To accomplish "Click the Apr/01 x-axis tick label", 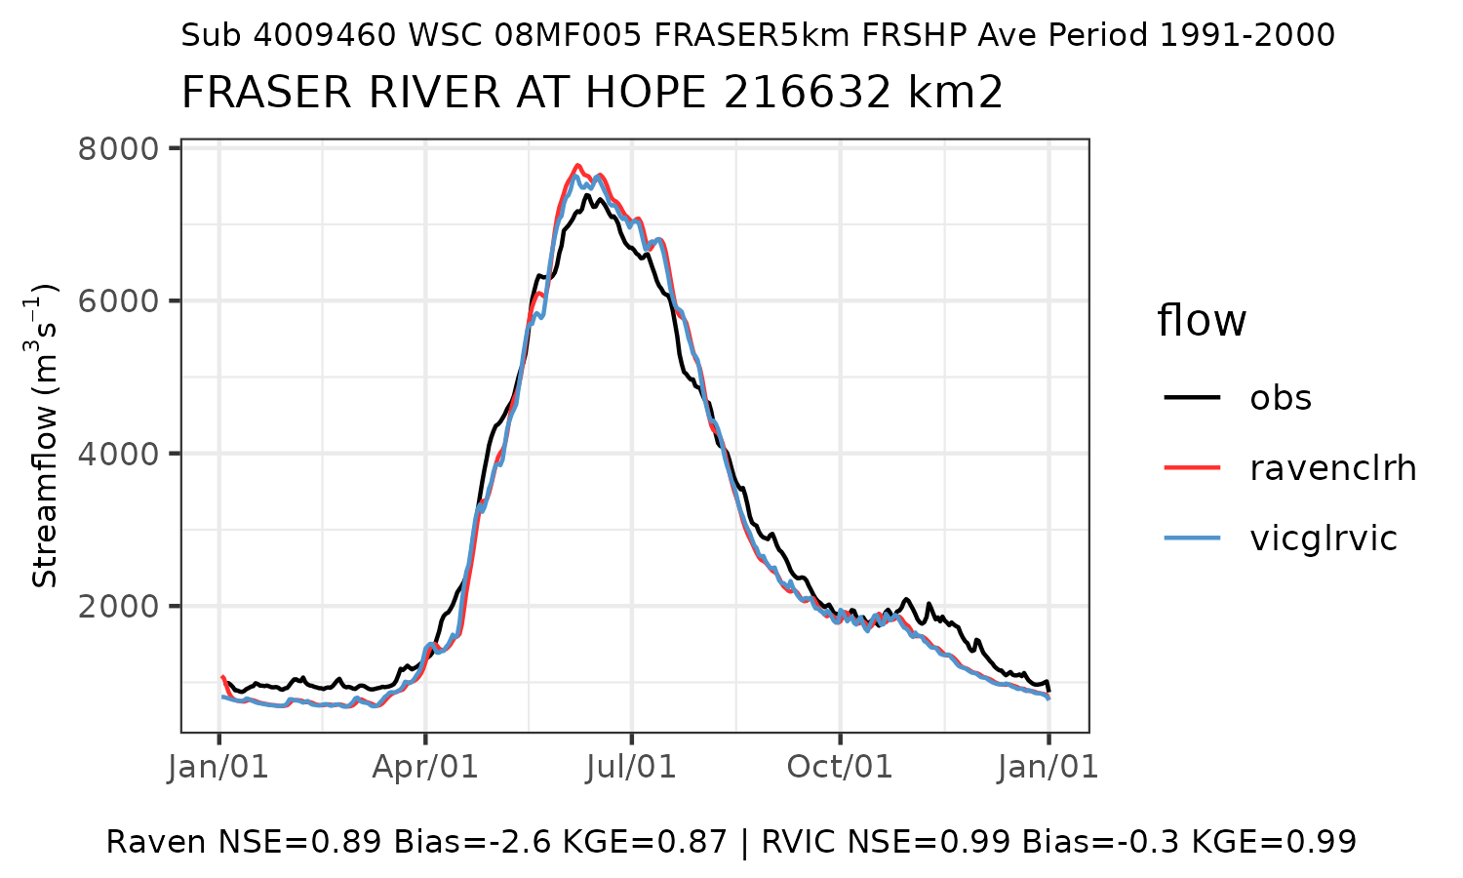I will click(x=425, y=767).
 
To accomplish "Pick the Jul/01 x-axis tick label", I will click(x=632, y=767).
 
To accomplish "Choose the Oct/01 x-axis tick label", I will click(x=840, y=767).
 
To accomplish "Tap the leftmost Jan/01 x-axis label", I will click(x=218, y=767).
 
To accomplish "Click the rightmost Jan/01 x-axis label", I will click(x=1048, y=767).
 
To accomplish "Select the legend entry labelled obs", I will click(x=1281, y=398).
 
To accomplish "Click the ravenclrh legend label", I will click(x=1332, y=468).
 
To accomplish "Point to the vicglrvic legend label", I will click(x=1324, y=539).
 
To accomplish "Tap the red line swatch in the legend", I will click(x=1192, y=468).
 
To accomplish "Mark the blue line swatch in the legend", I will click(x=1192, y=539).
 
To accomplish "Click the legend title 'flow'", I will click(x=1202, y=321).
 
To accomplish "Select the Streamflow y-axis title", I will click(x=46, y=435).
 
